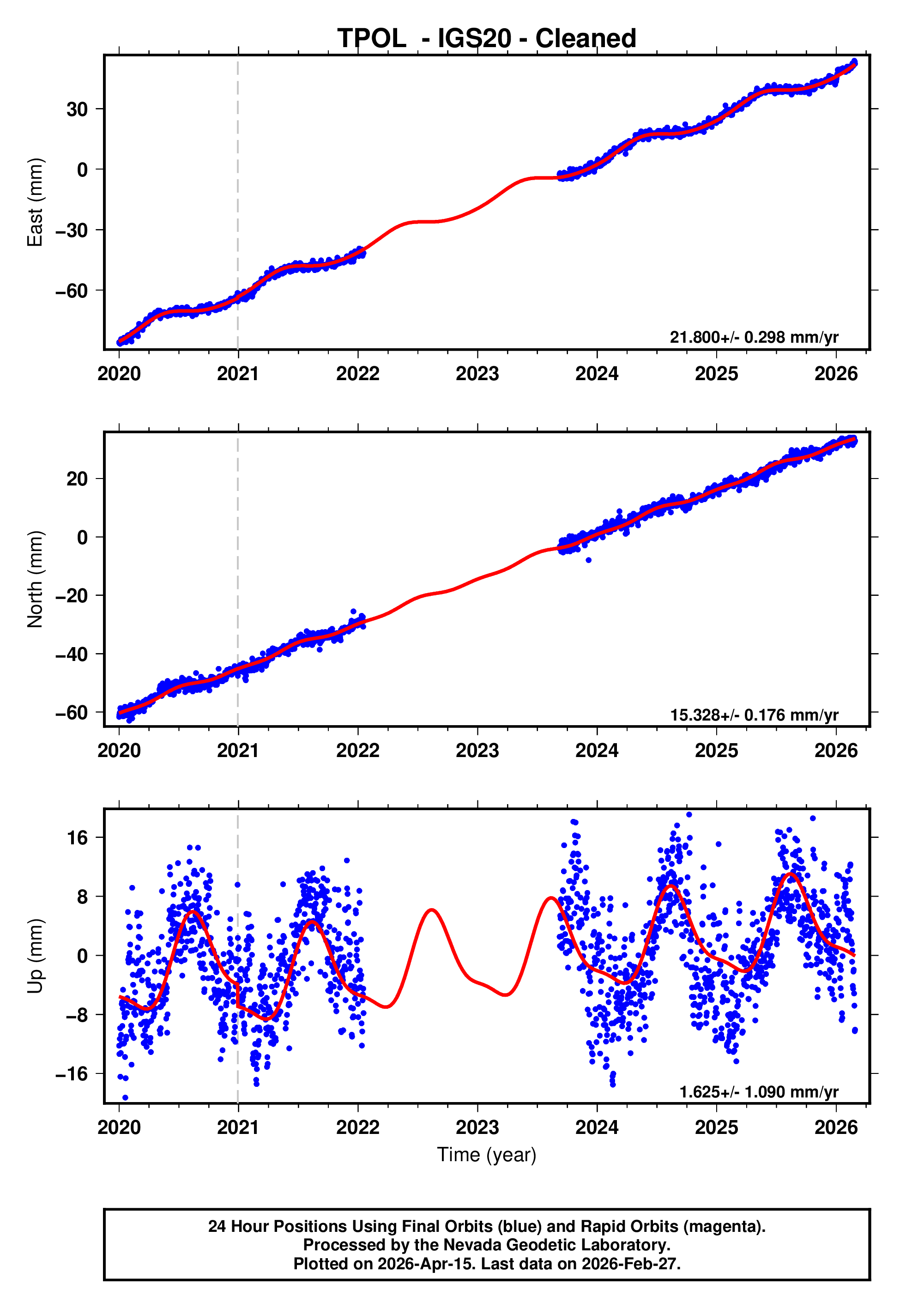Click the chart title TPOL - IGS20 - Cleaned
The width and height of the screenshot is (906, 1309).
pyautogui.click(x=487, y=39)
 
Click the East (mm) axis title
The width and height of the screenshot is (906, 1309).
pyautogui.click(x=35, y=202)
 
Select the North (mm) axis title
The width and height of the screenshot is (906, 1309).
pyautogui.click(x=35, y=579)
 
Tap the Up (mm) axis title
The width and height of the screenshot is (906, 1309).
pyautogui.click(x=35, y=957)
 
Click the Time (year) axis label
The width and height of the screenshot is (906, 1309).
pyautogui.click(x=487, y=1155)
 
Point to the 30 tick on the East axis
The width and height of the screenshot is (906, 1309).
pyautogui.click(x=77, y=109)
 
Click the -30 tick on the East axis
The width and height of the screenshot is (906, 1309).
pyautogui.click(x=72, y=230)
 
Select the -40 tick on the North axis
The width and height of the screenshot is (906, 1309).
pyautogui.click(x=72, y=654)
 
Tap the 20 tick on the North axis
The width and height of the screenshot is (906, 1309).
pyautogui.click(x=77, y=479)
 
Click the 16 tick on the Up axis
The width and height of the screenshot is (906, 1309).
pyautogui.click(x=77, y=838)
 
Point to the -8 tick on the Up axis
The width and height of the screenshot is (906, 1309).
pyautogui.click(x=74, y=1015)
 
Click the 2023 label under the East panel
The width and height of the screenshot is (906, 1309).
pyautogui.click(x=477, y=374)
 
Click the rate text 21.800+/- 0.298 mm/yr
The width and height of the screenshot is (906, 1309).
pyautogui.click(x=754, y=337)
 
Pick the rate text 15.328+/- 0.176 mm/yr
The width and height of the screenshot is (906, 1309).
pyautogui.click(x=754, y=715)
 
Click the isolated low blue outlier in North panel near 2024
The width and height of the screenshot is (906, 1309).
pyautogui.click(x=589, y=560)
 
